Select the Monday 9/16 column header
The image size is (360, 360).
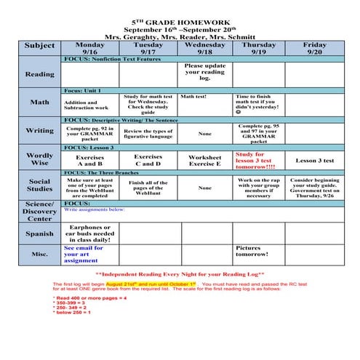tap(90, 48)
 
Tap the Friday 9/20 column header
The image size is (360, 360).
tap(314, 48)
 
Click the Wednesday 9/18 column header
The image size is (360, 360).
tap(204, 48)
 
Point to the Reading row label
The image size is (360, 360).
tap(39, 74)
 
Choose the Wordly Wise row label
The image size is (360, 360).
tap(39, 160)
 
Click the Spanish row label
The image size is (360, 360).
tap(39, 233)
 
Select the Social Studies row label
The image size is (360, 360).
tap(39, 186)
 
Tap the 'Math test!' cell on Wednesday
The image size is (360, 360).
tap(193, 96)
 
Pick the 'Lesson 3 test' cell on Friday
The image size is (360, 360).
tap(314, 161)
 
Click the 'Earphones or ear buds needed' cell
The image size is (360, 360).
tap(90, 233)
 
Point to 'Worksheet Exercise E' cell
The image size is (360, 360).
tap(204, 160)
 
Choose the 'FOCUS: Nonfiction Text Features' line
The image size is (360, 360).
tap(113, 59)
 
